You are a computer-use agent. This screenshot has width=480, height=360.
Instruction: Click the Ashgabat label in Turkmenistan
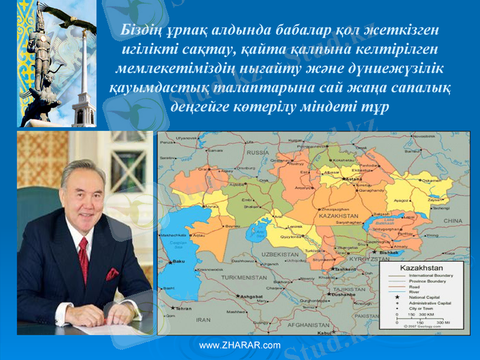point(251,296)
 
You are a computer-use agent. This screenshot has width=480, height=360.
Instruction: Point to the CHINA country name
point(452,221)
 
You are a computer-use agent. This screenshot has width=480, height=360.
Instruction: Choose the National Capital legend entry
point(426,297)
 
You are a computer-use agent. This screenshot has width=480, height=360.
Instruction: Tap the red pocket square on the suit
point(112,275)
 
